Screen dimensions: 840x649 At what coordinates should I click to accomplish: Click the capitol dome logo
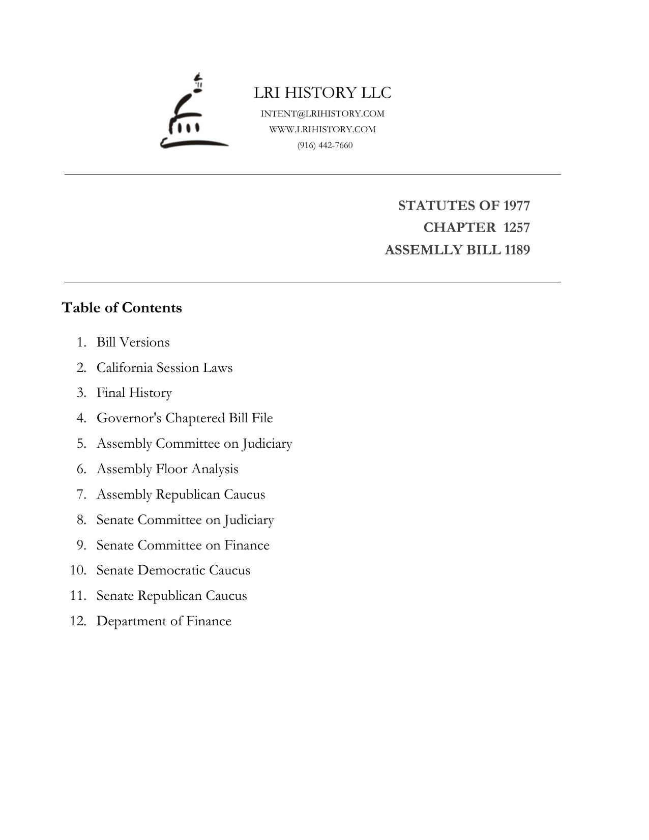[x=193, y=113]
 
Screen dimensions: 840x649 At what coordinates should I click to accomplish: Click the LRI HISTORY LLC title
[x=322, y=93]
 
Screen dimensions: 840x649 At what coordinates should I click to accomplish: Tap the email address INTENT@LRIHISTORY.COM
[x=322, y=113]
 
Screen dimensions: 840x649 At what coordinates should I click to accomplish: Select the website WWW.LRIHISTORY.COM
[x=322, y=129]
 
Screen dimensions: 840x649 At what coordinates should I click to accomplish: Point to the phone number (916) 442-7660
[x=325, y=146]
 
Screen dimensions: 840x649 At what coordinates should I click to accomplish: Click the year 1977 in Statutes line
[x=516, y=206]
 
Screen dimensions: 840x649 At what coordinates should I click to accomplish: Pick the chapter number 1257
[x=516, y=227]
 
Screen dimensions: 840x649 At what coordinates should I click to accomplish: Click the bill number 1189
[x=517, y=250]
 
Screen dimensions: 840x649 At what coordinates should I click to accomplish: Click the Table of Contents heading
[x=122, y=308]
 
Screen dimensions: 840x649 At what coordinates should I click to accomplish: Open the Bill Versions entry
[x=133, y=342]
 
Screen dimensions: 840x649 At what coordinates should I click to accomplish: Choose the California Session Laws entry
[x=164, y=367]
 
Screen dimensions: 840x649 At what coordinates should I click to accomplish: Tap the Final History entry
[x=134, y=393]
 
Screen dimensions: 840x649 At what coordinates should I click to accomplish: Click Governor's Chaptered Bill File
[x=185, y=418]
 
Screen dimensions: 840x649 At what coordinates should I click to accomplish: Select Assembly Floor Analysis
[x=167, y=469]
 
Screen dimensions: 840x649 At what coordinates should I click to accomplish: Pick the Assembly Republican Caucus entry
[x=181, y=494]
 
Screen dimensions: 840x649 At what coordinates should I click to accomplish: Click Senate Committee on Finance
[x=183, y=545]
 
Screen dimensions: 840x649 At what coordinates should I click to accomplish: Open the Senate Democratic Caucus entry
[x=173, y=570]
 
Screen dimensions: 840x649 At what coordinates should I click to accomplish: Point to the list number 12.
[x=78, y=621]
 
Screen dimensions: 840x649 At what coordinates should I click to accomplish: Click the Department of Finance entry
[x=164, y=621]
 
